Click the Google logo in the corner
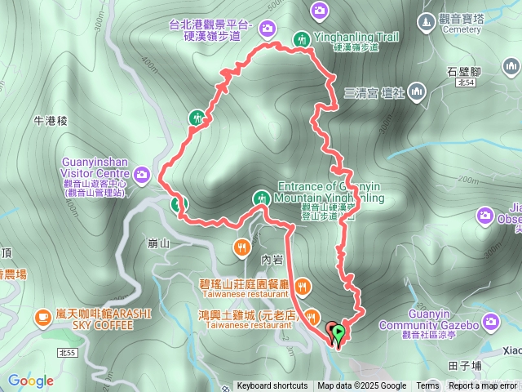point(31,381)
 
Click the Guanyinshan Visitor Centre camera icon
point(143,173)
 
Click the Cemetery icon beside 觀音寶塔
point(426,20)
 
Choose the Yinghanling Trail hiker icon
point(301,38)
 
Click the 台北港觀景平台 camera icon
point(267,29)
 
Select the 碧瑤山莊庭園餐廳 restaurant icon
point(302,285)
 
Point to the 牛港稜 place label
point(50,121)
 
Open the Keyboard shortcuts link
point(272,386)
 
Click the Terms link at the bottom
point(427,386)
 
